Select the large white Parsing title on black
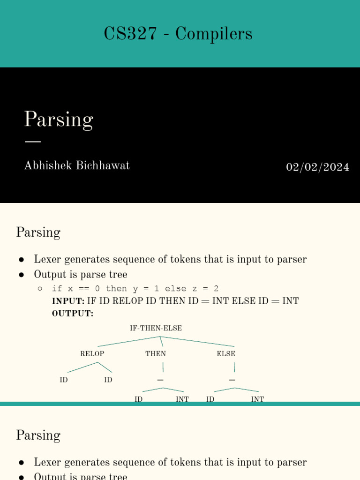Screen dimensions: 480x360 coord(59,120)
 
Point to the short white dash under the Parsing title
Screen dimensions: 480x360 coord(32,141)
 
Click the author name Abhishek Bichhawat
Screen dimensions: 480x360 coord(77,165)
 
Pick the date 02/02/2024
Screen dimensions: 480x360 coord(317,167)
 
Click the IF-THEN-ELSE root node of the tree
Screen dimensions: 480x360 coord(156,328)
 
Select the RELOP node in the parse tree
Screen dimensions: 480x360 coord(92,354)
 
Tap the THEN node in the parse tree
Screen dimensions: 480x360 coord(156,354)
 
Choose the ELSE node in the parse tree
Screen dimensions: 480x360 coord(226,354)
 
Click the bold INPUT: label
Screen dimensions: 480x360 coord(68,301)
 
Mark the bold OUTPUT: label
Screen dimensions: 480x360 coord(73,313)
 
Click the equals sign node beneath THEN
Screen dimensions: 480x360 coord(160,380)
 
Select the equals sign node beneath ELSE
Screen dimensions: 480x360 coord(232,380)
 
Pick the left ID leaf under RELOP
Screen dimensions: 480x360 coord(64,380)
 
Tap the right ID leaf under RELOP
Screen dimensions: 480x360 coord(108,380)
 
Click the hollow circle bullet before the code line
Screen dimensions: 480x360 coord(40,289)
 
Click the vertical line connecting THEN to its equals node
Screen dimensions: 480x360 coord(163,367)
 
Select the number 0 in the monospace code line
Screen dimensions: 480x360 coord(97,289)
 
